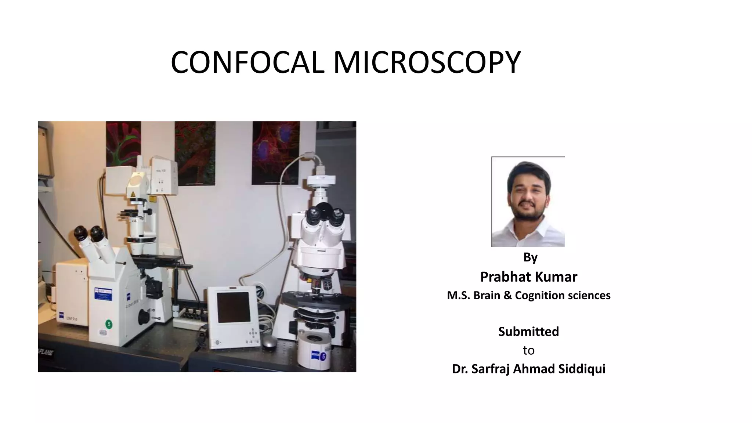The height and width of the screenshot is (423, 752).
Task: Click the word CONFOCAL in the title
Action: point(247,62)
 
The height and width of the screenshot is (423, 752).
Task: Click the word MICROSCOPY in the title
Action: point(427,62)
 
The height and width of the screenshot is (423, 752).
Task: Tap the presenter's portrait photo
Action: point(528,202)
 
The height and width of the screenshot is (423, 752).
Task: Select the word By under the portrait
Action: point(530,257)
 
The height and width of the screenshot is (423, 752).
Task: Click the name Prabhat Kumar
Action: point(528,277)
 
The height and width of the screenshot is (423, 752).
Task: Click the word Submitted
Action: point(528,332)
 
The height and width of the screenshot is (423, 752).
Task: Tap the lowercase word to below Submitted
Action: point(528,351)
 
